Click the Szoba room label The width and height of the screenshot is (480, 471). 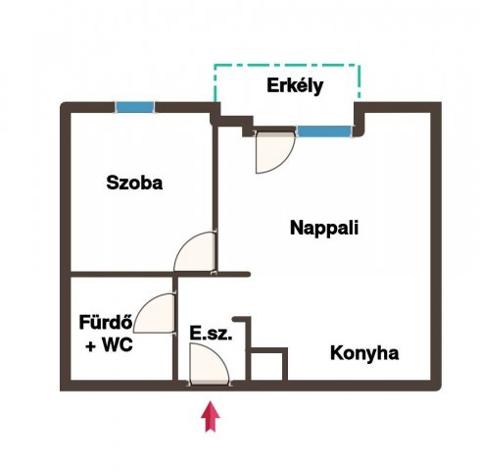pos(134,183)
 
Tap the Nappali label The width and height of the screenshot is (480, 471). pos(324,228)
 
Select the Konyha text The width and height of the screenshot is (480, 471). pos(364,353)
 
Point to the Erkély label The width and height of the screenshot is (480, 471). pos(295,86)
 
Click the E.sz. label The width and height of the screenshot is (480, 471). pos(211,334)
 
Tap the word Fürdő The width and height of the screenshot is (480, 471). pos(106,322)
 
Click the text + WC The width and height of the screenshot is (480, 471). pos(109,344)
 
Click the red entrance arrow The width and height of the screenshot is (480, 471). pos(211,416)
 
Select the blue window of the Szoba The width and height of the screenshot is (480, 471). pos(135,107)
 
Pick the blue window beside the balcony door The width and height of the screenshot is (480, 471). pos(324,131)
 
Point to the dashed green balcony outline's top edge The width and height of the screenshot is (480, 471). pos(287,65)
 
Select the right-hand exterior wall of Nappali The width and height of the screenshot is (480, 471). pos(436,246)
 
